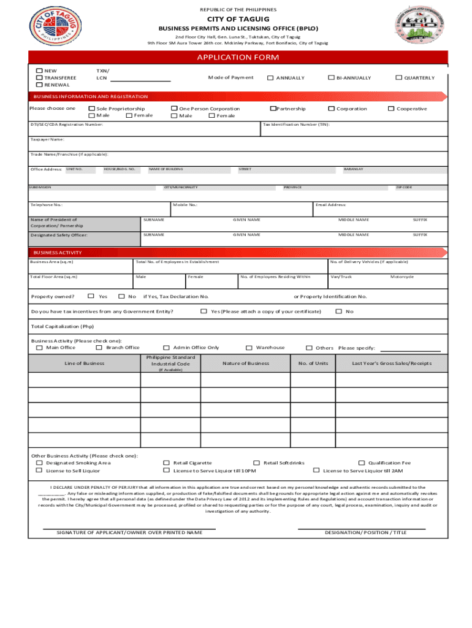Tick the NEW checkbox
tap(40, 71)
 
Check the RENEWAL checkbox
tap(40, 85)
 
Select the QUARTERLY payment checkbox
tap(398, 78)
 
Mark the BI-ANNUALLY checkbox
tap(331, 78)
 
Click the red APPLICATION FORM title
tap(237, 58)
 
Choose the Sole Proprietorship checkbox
tap(92, 109)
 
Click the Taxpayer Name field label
tap(47, 139)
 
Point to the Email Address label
tap(331, 205)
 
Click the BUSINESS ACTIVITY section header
tap(58, 253)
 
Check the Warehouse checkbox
tap(249, 348)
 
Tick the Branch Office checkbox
tap(99, 348)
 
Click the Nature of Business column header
tap(246, 363)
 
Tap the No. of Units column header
tap(313, 363)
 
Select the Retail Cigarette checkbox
tap(167, 463)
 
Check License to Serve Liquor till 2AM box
tap(316, 470)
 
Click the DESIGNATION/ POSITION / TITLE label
tap(365, 532)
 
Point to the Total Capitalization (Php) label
tap(63, 326)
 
